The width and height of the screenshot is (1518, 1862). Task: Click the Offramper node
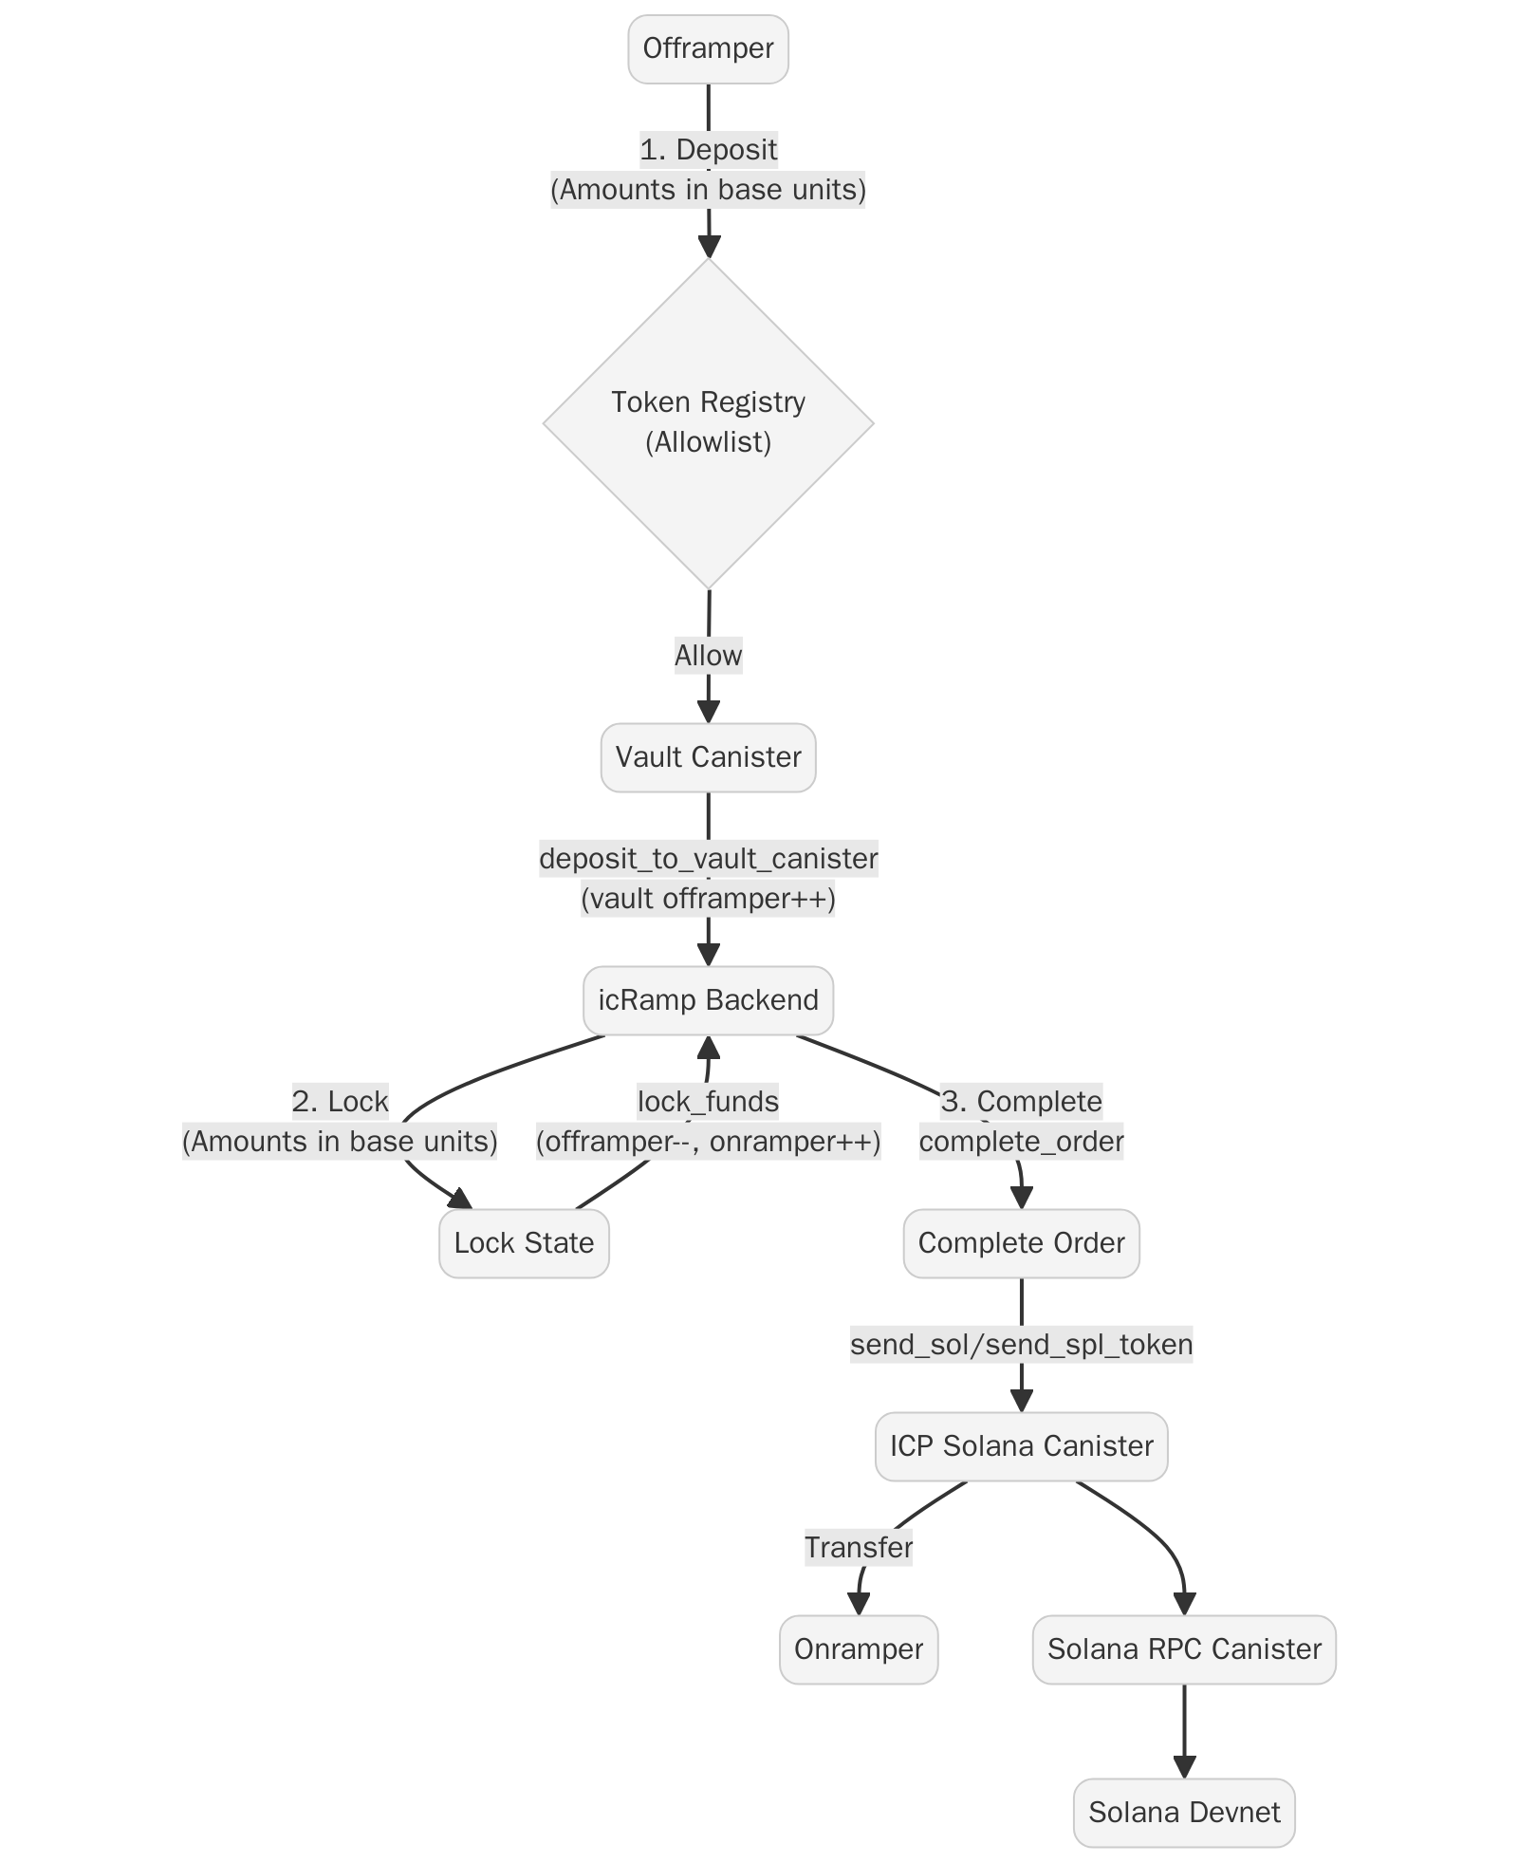[708, 48]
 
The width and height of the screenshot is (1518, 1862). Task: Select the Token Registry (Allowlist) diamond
[708, 422]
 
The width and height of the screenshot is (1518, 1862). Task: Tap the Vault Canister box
[708, 757]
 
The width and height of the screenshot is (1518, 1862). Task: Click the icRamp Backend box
[708, 1000]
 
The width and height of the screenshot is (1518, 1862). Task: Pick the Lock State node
[524, 1243]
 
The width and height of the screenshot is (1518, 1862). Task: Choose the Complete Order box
[1021, 1243]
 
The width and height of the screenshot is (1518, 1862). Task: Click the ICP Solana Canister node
[1021, 1446]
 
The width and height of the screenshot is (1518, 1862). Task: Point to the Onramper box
[859, 1649]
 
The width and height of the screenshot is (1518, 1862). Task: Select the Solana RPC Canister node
[1184, 1649]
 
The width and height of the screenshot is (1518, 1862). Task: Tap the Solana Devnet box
[1184, 1813]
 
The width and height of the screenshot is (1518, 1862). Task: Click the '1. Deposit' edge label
[708, 150]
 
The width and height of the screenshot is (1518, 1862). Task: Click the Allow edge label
[708, 656]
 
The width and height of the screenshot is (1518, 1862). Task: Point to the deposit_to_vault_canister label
[708, 859]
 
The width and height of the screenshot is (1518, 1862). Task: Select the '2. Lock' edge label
[340, 1102]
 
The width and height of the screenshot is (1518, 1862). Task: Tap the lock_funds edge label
[708, 1102]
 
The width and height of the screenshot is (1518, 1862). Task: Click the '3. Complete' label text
[1021, 1102]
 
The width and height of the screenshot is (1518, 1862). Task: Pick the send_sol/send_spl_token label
[1021, 1345]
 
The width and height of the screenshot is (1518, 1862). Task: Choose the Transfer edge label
[859, 1548]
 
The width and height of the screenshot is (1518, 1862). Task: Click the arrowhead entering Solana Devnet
[1184, 1766]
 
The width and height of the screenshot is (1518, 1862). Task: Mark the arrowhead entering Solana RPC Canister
[1184, 1603]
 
